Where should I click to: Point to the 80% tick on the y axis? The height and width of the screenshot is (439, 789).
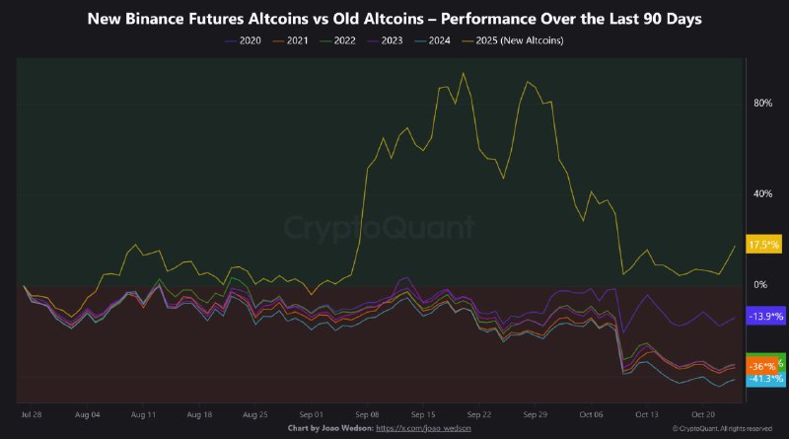760,103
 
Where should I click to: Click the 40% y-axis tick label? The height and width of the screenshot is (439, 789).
760,193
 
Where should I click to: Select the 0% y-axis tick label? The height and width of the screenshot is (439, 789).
759,284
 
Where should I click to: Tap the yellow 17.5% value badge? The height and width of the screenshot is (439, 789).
765,244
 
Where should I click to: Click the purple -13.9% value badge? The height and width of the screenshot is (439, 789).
765,316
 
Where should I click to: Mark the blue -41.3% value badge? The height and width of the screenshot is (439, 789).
765,379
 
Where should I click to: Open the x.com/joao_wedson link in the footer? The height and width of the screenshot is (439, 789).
436,429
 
